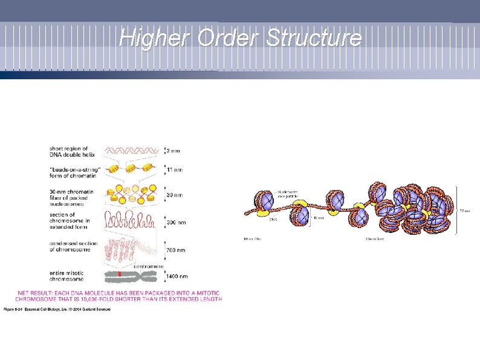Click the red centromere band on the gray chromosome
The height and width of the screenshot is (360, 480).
click(x=120, y=277)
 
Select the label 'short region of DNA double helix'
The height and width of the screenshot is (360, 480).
click(x=69, y=151)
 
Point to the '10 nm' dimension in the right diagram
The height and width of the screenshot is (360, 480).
click(x=318, y=218)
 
